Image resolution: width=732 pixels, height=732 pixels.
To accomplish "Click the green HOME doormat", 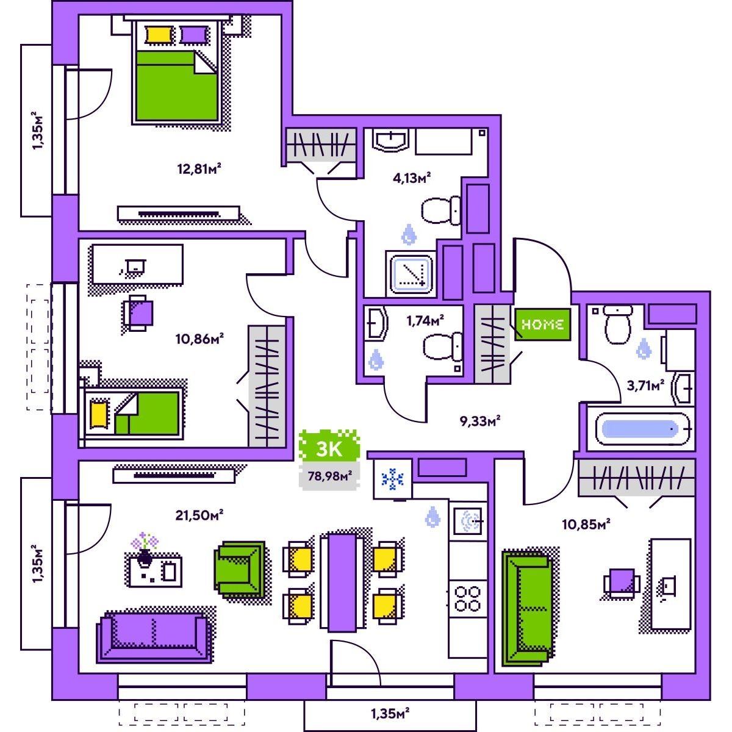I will pos(542,325).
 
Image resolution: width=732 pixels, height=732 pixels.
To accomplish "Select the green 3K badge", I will pos(329,448).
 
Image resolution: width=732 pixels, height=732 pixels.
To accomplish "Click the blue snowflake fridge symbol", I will pos(393,479).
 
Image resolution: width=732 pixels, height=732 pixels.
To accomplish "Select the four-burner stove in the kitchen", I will pos(468,598).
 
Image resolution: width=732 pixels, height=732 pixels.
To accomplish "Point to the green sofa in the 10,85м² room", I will pos(525,608).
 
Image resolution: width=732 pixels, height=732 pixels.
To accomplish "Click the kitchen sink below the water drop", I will pos(468,520).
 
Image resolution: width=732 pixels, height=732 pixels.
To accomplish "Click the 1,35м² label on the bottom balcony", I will pos(389,712).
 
